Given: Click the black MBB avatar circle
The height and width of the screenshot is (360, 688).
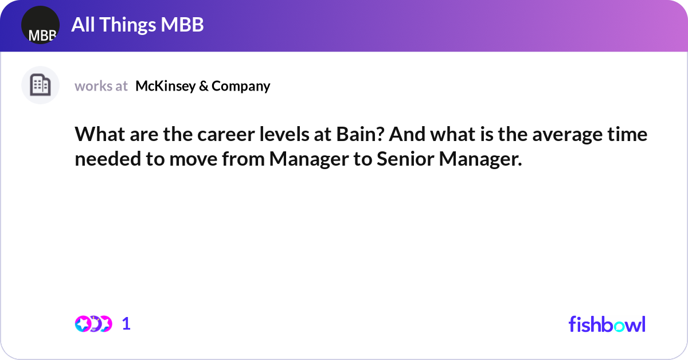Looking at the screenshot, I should (40, 25).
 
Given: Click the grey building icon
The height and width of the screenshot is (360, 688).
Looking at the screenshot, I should (40, 85).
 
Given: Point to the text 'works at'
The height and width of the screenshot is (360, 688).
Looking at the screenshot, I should (101, 86).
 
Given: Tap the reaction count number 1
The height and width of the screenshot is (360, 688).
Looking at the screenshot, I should (127, 324).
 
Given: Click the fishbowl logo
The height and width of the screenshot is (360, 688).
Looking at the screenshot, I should (607, 324).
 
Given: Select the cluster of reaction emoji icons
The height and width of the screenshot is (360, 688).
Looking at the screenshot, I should (93, 324).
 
